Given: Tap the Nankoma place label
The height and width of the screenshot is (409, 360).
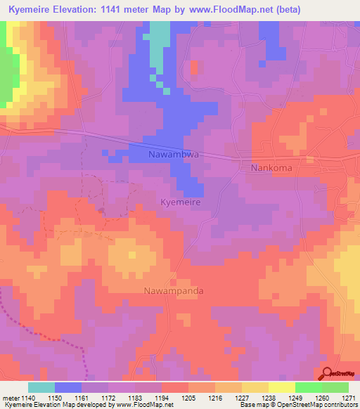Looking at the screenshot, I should pyautogui.click(x=271, y=169).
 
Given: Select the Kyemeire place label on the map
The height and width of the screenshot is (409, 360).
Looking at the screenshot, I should pyautogui.click(x=181, y=202).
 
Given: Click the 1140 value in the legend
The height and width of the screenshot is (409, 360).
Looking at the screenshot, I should pyautogui.click(x=25, y=398).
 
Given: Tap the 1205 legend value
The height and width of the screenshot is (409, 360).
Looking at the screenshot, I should pyautogui.click(x=187, y=398).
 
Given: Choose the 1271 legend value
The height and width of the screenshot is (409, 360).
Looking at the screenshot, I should pyautogui.click(x=347, y=398).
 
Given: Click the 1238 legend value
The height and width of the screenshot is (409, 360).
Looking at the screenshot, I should pyautogui.click(x=267, y=398).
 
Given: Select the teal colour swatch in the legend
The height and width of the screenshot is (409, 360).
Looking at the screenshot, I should pyautogui.click(x=41, y=387).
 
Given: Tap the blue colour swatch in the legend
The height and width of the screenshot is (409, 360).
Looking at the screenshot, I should pyautogui.click(x=68, y=387).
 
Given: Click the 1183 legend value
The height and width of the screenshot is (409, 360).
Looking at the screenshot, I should pyautogui.click(x=134, y=398).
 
